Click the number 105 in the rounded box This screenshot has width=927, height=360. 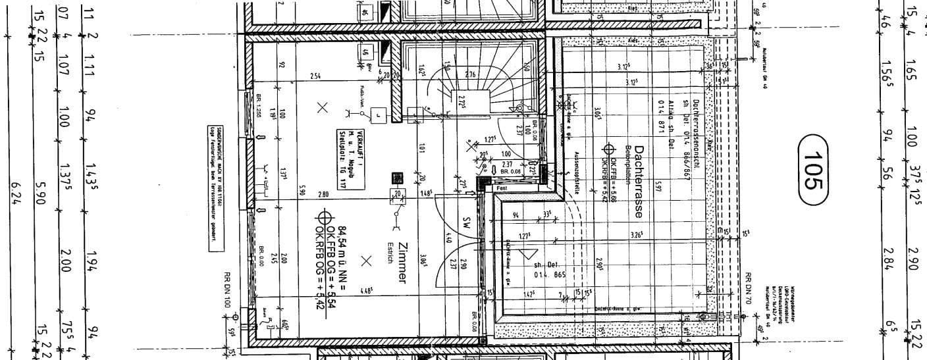tap(814, 171)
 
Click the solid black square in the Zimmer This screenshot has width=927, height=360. tap(397, 178)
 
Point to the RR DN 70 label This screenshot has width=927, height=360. tap(748, 288)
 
